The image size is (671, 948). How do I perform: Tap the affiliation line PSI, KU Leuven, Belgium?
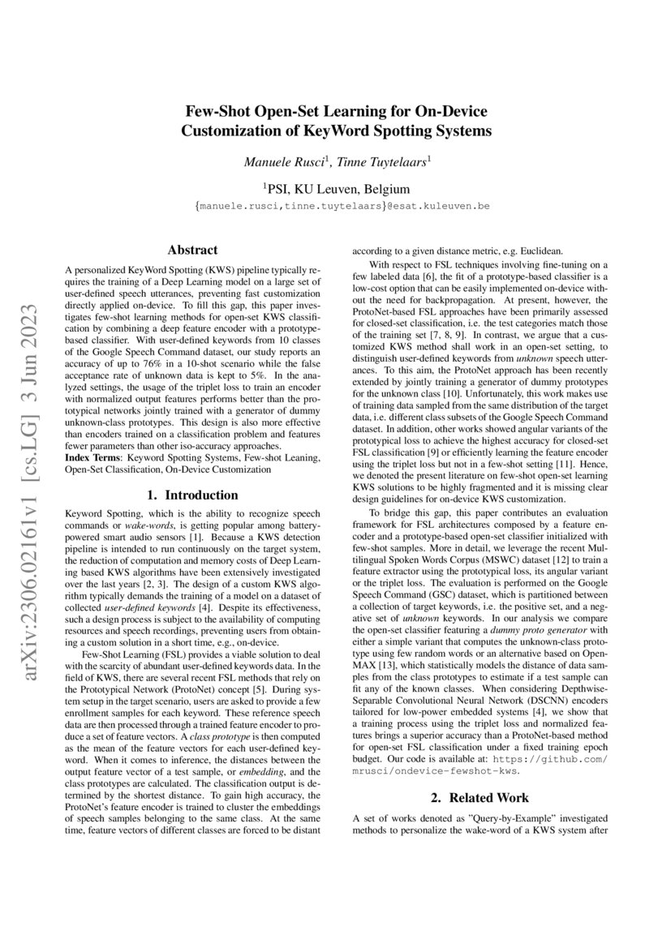337,189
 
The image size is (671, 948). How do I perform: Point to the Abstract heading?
191,251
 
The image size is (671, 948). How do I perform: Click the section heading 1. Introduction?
191,495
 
